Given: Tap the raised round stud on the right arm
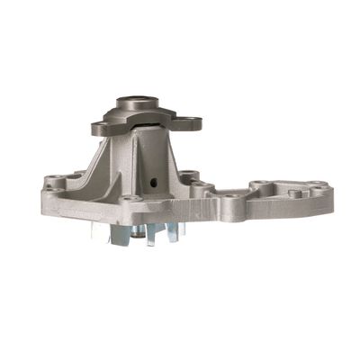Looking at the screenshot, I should [294, 193].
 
